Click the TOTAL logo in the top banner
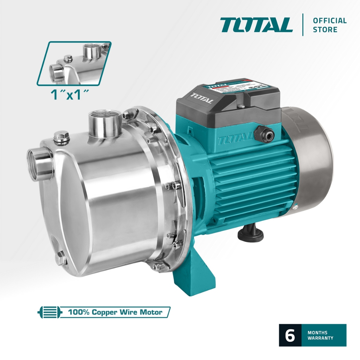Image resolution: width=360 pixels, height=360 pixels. tap(256, 25)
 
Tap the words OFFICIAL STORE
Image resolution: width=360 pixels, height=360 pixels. tap(329, 25)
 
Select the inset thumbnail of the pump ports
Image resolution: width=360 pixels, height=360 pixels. tap(74, 63)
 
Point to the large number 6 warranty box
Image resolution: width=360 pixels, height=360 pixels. tap(290, 335)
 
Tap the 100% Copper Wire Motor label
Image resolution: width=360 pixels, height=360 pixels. tap(115, 312)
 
